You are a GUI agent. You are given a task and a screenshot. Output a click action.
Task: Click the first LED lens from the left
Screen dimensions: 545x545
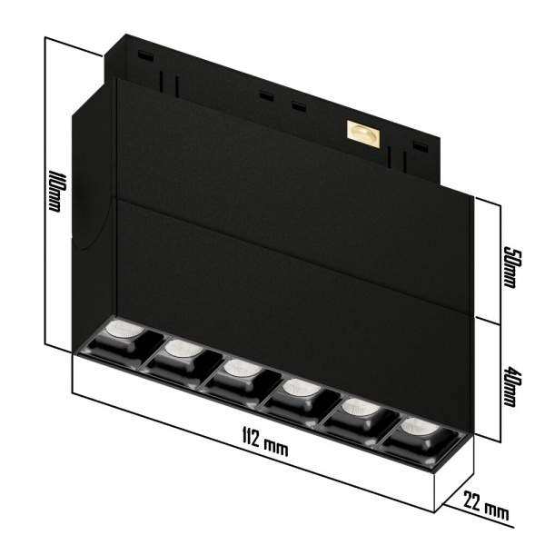(120, 328)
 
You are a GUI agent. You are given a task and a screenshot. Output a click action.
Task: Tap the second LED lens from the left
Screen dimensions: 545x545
(181, 347)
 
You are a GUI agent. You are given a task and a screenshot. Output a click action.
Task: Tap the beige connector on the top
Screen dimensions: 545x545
(362, 132)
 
